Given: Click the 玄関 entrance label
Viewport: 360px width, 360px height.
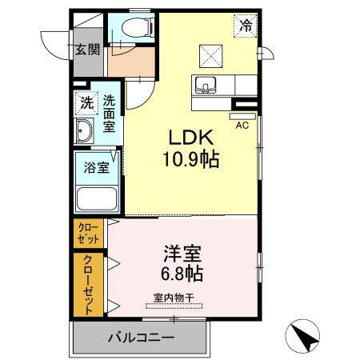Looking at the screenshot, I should (x=87, y=50).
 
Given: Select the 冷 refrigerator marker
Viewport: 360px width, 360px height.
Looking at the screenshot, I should (x=246, y=25).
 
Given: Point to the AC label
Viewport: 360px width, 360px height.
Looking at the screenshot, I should (x=241, y=125).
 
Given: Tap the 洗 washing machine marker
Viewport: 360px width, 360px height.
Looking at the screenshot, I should (x=86, y=103).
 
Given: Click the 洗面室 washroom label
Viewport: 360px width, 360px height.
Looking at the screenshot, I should (x=108, y=114).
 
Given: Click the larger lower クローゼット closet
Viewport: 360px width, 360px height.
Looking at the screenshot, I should (x=88, y=284).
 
